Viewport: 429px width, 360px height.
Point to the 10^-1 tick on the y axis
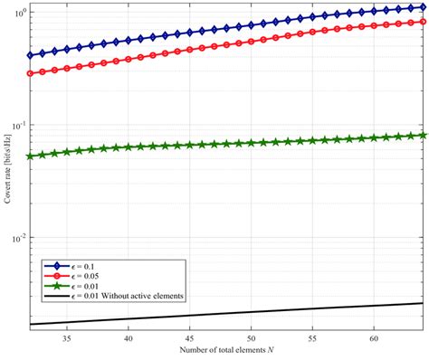pyautogui.click(x=20, y=125)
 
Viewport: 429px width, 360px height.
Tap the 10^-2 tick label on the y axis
pyautogui.click(x=20, y=238)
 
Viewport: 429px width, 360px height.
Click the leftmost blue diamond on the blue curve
pyautogui.click(x=31, y=55)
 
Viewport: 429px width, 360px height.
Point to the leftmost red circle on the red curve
pyautogui.click(x=31, y=73)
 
